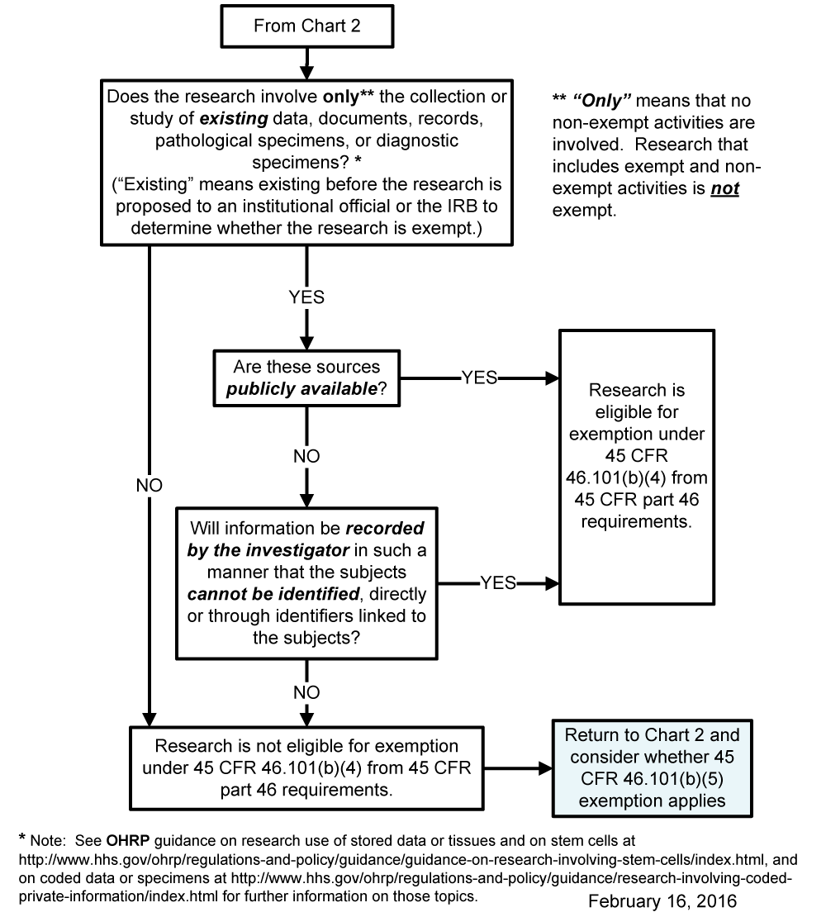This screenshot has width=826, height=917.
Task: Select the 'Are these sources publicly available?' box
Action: (306, 378)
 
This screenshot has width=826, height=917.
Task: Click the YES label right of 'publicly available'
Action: (480, 378)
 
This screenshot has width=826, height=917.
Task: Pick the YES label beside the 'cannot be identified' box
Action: (498, 583)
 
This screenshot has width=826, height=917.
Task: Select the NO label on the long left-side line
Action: (150, 486)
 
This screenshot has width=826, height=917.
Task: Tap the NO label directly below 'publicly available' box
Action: (306, 456)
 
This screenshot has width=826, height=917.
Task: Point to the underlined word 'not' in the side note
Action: (724, 188)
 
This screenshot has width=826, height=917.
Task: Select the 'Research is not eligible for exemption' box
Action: (306, 767)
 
